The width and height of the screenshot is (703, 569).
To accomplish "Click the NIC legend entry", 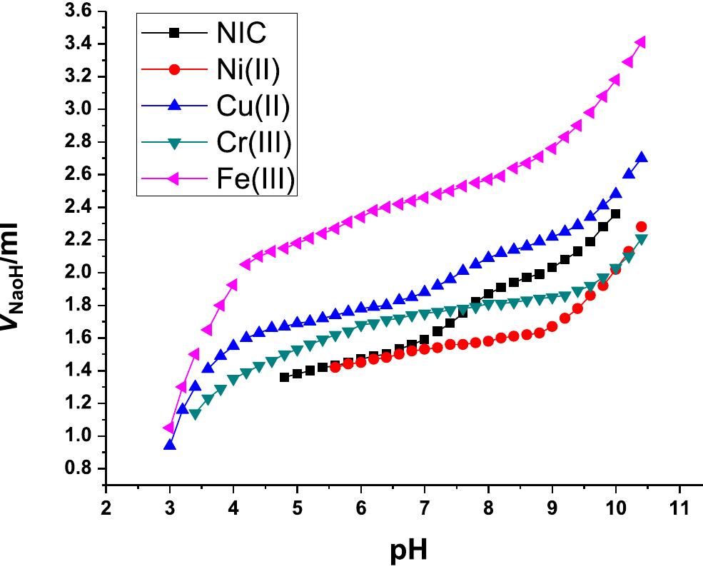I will click(238, 33).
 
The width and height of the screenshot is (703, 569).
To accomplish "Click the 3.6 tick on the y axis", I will click(78, 11).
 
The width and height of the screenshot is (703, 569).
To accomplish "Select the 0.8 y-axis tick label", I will click(78, 469).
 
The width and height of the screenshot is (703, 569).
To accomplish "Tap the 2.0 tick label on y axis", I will click(78, 273).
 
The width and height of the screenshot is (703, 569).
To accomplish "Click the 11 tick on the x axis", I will click(679, 508).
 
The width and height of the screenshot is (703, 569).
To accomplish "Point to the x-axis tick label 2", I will click(106, 508).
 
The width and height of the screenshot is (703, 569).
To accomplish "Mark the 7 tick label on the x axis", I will click(425, 508).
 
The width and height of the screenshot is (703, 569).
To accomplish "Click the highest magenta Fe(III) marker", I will click(640, 43).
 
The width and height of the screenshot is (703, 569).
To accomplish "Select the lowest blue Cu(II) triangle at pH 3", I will click(170, 445).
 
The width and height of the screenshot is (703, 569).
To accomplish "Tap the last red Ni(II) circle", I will click(641, 227).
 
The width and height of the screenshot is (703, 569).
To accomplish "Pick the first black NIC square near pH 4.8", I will click(285, 377).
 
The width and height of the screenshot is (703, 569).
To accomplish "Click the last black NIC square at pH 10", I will click(615, 213).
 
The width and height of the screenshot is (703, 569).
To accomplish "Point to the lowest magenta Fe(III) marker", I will click(169, 428).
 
